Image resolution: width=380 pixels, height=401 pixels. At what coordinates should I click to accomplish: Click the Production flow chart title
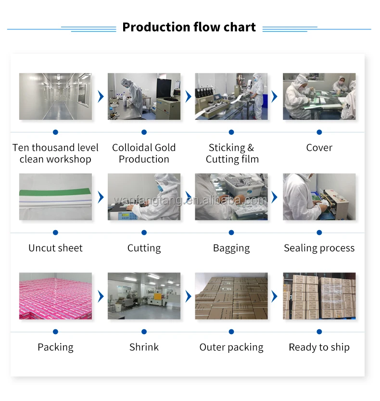(189, 27)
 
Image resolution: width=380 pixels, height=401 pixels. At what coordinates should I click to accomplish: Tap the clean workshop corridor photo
(55, 96)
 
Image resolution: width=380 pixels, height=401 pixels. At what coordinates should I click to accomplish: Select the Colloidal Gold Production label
(144, 153)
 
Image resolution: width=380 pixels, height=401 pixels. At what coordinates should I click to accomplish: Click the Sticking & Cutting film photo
(231, 96)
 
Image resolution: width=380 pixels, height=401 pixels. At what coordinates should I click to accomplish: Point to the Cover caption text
(319, 148)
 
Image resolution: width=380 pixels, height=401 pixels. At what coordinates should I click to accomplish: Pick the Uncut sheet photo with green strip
(55, 196)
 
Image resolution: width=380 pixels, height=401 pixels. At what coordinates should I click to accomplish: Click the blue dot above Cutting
(144, 233)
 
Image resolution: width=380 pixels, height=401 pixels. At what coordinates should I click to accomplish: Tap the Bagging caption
(231, 248)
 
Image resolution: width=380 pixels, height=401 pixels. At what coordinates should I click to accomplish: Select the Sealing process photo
(319, 196)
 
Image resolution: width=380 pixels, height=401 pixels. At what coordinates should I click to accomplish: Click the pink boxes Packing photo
(55, 296)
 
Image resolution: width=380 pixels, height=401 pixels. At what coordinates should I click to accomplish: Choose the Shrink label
(144, 347)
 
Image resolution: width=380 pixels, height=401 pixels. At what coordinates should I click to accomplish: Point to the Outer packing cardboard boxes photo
(231, 296)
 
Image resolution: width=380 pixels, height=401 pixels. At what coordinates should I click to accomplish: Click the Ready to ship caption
(319, 347)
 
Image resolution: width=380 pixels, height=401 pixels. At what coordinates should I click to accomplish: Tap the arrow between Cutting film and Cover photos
(275, 96)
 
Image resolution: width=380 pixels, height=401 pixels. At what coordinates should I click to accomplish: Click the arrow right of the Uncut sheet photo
(101, 197)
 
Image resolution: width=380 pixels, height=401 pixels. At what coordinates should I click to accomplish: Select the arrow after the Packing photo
(101, 296)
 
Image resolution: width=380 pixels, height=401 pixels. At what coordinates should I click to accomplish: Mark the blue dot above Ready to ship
(319, 332)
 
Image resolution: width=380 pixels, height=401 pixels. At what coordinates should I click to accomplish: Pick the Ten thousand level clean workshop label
(55, 153)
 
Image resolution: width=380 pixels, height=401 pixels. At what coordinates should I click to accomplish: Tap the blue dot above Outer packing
(231, 332)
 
